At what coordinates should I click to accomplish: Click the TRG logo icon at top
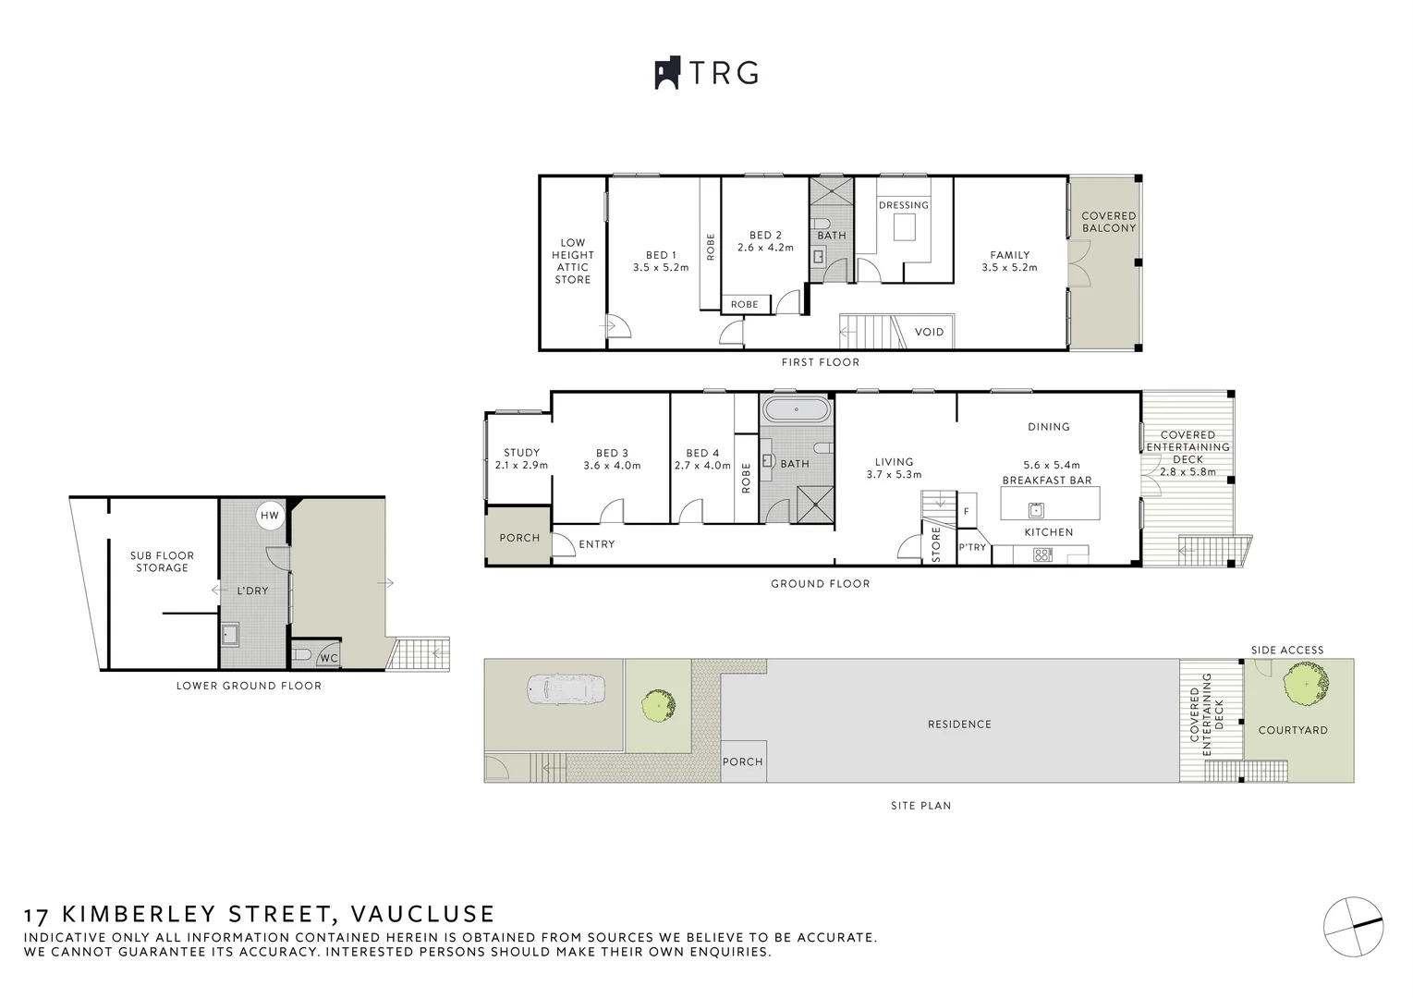click(x=667, y=73)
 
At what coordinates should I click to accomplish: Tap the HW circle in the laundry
click(x=269, y=516)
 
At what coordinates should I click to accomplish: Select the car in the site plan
click(x=565, y=688)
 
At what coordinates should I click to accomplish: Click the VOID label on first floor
click(x=929, y=332)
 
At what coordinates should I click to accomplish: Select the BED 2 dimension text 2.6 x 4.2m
click(x=765, y=248)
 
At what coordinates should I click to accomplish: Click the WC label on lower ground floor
click(x=328, y=658)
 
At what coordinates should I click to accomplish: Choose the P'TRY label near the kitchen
click(x=971, y=547)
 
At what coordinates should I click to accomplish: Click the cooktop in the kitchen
click(x=1042, y=555)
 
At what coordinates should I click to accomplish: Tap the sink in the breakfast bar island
click(x=1037, y=509)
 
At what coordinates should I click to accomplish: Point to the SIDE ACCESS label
click(x=1286, y=650)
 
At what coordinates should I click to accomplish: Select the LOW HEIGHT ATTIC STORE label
click(x=573, y=262)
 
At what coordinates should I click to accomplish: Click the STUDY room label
click(x=521, y=453)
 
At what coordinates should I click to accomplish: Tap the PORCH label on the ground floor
click(x=518, y=537)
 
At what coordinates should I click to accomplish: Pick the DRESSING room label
click(x=903, y=205)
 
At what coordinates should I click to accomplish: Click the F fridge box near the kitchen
click(x=967, y=511)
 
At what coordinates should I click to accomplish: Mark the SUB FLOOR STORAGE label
click(x=162, y=562)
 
